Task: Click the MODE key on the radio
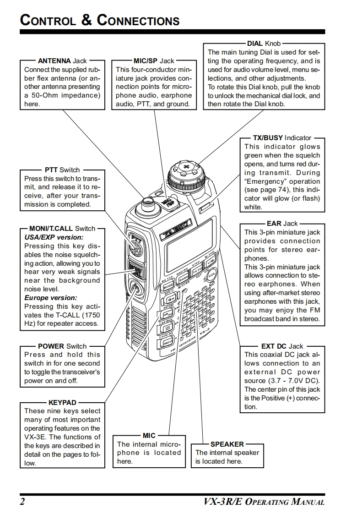click(x=168, y=287)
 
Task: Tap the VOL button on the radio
click(x=213, y=277)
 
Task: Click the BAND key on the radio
click(x=184, y=278)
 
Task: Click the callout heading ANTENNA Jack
click(x=62, y=60)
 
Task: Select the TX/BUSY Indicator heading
click(x=282, y=137)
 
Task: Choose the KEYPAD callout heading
click(x=62, y=403)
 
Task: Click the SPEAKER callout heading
click(x=227, y=444)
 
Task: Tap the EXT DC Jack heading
click(x=282, y=346)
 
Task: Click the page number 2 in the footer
click(x=22, y=502)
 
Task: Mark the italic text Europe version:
click(x=47, y=298)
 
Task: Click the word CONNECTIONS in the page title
click(x=138, y=21)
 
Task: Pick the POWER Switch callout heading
click(x=62, y=346)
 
